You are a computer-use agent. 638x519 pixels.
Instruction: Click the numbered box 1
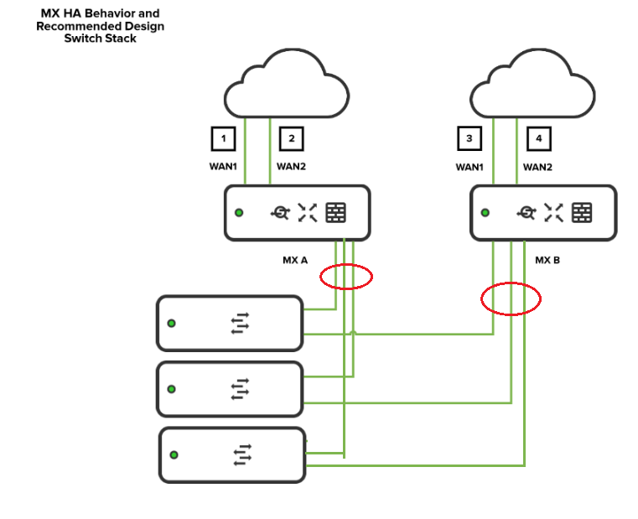click(x=222, y=138)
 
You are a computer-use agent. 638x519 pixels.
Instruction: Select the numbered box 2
click(x=291, y=138)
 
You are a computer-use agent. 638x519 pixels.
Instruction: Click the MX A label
click(x=295, y=260)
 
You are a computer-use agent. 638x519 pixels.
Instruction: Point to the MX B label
click(x=547, y=260)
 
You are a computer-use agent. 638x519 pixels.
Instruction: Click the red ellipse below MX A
click(x=345, y=276)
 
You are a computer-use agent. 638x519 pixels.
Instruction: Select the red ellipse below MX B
click(x=511, y=298)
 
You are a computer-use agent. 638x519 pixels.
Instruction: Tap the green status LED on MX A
click(x=239, y=213)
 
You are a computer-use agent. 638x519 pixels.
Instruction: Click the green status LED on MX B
click(x=485, y=213)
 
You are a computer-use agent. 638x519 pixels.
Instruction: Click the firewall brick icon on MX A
click(x=335, y=213)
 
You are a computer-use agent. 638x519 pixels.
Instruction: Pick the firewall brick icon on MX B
click(x=582, y=213)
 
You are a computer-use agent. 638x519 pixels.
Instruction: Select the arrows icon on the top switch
click(x=241, y=323)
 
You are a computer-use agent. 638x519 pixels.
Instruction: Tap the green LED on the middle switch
click(x=172, y=389)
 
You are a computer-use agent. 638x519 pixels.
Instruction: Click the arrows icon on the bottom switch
click(x=242, y=454)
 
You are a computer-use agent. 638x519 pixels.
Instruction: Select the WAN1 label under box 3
click(x=469, y=167)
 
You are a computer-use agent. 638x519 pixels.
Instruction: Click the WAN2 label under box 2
click(x=291, y=166)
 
